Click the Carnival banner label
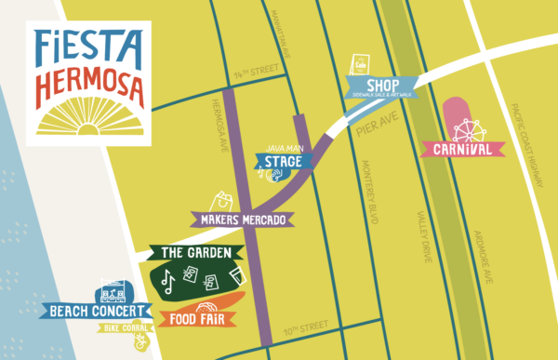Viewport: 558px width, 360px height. click(x=462, y=149)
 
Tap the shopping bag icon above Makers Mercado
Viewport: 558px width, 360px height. click(x=222, y=199)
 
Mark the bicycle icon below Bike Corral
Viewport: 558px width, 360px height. click(x=139, y=344)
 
